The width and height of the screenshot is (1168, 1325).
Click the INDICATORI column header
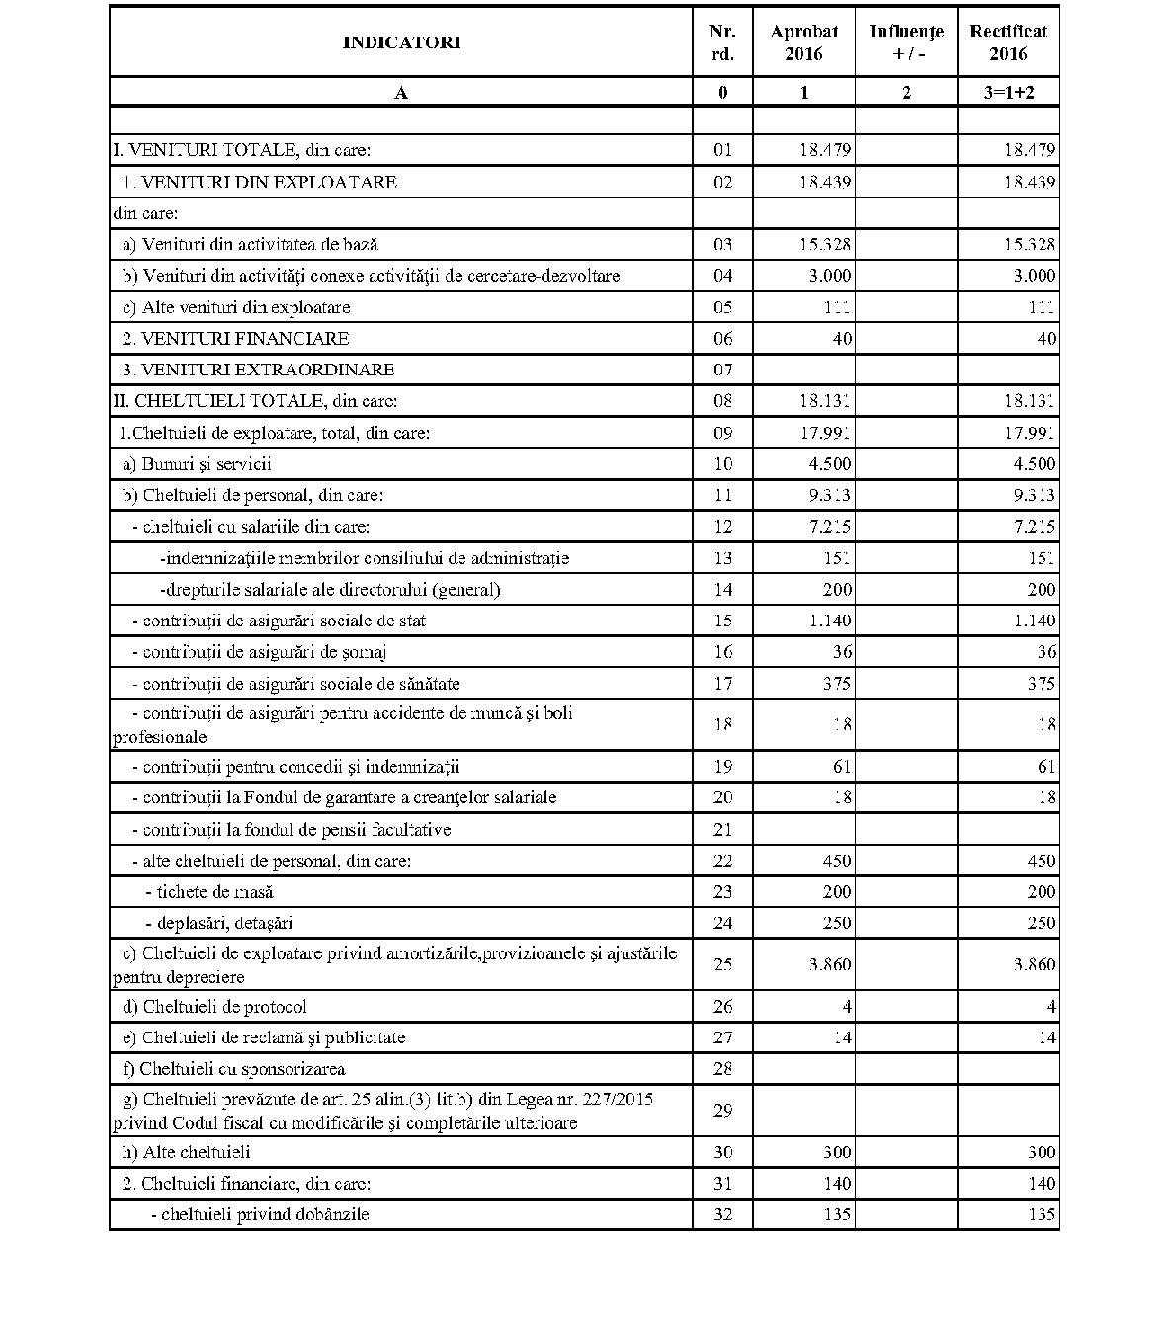401,42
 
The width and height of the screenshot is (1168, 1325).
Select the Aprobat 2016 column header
803,42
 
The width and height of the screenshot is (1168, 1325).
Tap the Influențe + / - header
906,42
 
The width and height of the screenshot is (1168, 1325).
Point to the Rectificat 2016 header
1008,42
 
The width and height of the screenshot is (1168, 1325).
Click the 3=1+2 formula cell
1008,93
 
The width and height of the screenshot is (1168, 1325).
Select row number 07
722,371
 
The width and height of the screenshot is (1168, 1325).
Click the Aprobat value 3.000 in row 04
828,276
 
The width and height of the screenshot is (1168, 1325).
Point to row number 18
722,725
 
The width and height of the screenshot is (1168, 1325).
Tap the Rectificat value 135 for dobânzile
1041,1214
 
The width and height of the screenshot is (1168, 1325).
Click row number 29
722,1111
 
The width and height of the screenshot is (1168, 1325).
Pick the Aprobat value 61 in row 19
841,767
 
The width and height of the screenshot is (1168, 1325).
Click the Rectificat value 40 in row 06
1045,339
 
